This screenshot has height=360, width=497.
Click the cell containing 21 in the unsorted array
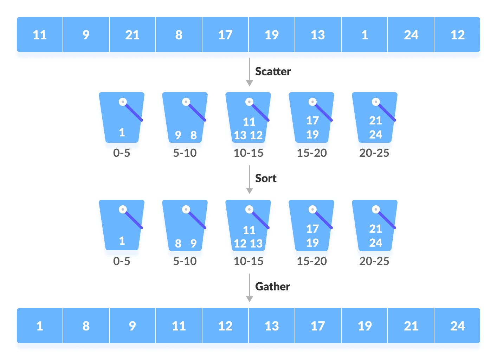pos(132,35)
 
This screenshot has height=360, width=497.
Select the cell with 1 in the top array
pos(364,35)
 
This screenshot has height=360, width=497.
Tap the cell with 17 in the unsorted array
pos(225,35)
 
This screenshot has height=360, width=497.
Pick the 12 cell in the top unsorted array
pos(457,35)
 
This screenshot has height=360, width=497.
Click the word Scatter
pos(273,71)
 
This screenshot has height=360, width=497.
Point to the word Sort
pos(266,178)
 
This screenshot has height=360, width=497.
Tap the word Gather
pos(272,287)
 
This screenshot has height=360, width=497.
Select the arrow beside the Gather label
pos(249,288)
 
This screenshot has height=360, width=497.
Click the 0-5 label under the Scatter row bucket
pos(122,153)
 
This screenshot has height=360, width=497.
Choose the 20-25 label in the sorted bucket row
pos(374,261)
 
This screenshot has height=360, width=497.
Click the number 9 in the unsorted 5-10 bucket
pos(178,135)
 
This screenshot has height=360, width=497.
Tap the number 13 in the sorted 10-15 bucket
pos(256,243)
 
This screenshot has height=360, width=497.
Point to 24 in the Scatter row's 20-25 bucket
pos(375,134)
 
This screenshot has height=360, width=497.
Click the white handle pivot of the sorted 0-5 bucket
pos(123,210)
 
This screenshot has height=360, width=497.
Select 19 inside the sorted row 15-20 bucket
pos(312,243)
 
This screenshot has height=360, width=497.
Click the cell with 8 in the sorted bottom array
pos(86,326)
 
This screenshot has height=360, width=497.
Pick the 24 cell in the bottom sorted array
pos(457,326)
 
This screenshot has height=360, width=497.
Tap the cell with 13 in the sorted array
pos(272,326)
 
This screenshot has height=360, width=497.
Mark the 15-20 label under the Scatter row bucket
pos(312,153)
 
